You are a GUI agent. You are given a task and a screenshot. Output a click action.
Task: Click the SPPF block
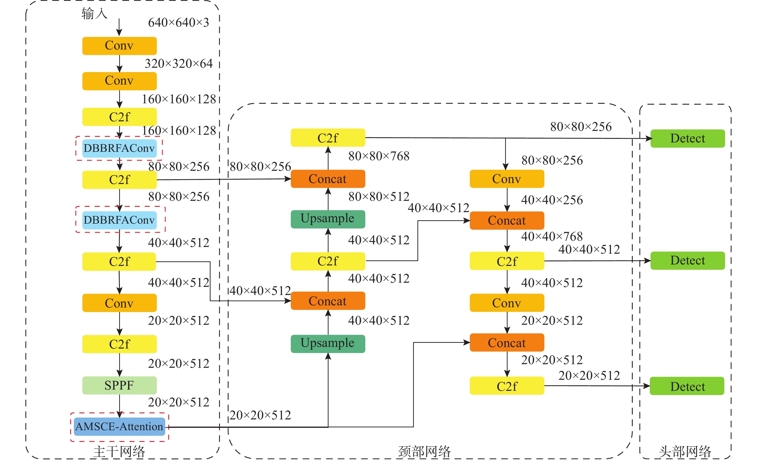click(119, 385)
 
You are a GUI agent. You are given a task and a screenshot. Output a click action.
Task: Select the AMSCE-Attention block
click(119, 427)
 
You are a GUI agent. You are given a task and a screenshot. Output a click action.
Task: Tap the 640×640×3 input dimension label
click(179, 22)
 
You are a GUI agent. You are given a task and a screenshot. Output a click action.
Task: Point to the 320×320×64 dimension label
click(179, 64)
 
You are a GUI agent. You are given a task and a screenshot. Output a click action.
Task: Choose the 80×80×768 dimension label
click(379, 156)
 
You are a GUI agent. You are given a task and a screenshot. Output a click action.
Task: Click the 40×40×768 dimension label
click(552, 236)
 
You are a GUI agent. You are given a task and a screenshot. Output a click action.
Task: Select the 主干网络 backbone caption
click(119, 452)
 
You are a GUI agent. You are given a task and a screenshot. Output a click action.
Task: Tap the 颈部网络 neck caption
click(424, 452)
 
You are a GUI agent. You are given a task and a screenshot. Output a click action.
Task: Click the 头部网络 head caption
click(685, 452)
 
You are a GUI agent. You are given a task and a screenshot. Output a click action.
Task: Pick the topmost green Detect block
click(688, 139)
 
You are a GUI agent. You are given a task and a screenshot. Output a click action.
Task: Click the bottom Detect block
click(687, 386)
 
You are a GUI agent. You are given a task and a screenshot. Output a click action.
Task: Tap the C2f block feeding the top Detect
click(328, 138)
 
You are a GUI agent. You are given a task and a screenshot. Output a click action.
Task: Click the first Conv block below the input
click(119, 46)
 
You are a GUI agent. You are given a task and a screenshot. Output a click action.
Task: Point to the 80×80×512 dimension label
click(379, 196)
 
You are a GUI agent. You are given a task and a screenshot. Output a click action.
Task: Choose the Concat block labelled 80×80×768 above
click(328, 179)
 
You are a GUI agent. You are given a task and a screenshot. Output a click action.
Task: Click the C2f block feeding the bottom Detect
click(507, 386)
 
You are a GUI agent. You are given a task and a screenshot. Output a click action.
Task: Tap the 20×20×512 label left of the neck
click(260, 415)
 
